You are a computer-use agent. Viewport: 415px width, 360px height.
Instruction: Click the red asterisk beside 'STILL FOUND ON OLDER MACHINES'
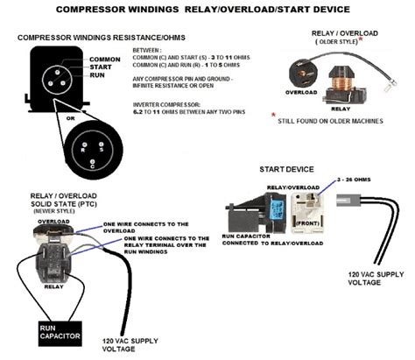[x=273, y=114]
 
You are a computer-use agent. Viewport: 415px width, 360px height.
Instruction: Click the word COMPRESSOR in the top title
[x=97, y=10]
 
